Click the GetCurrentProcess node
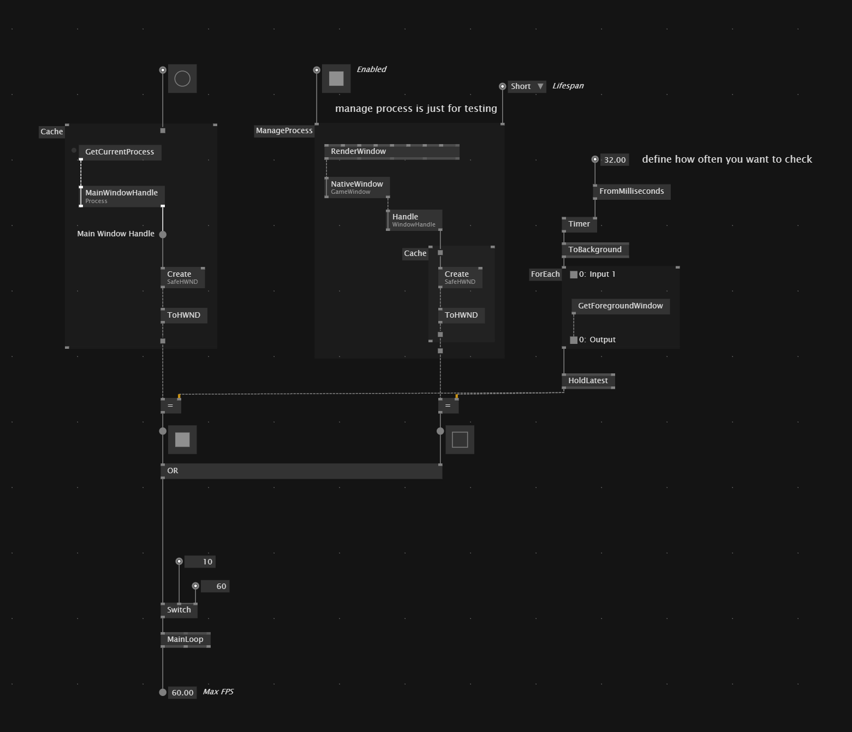[x=120, y=152]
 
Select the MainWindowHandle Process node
[x=122, y=196]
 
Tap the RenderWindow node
[x=392, y=152]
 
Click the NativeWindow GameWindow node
[x=357, y=188]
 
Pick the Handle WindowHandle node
[x=414, y=220]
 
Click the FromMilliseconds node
[x=632, y=192]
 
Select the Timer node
[x=580, y=224]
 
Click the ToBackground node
[x=595, y=250]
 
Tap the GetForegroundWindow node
[x=621, y=306]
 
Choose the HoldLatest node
[x=588, y=381]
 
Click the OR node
[x=301, y=471]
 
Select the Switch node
[x=179, y=610]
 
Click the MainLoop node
[x=186, y=640]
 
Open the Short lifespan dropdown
[x=527, y=87]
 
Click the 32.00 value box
[x=615, y=160]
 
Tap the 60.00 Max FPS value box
[x=182, y=693]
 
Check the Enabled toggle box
[x=336, y=79]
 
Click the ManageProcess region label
[x=284, y=131]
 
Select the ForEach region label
[x=545, y=275]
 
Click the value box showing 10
[x=200, y=562]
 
